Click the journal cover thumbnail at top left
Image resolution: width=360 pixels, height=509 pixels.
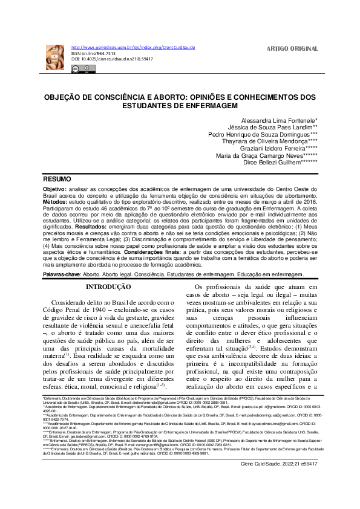[55, 57]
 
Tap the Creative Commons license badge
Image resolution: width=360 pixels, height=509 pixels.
[80, 69]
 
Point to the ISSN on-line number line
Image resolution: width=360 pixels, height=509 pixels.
[93, 53]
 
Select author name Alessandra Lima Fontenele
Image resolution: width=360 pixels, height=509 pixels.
[275, 121]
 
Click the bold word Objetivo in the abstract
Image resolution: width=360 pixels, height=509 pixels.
[54, 189]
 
